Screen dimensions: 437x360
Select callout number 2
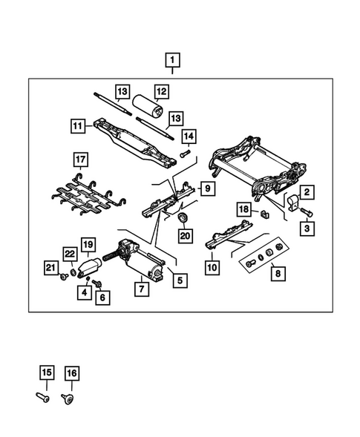point(306,191)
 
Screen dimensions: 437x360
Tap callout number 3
point(306,231)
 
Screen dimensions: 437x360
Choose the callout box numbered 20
point(185,236)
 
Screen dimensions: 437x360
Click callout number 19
point(88,244)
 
